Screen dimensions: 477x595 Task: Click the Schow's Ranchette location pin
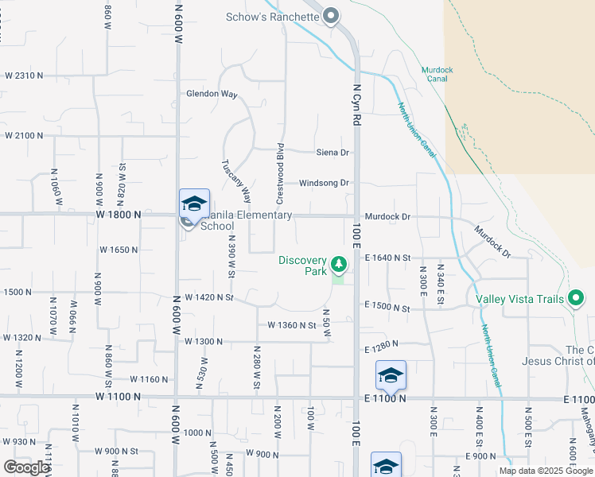(x=332, y=16)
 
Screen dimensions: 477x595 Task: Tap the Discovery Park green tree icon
(x=339, y=263)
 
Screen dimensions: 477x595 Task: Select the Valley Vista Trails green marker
(x=577, y=300)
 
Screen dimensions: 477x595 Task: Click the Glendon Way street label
(x=212, y=94)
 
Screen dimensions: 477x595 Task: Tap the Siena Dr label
(x=332, y=152)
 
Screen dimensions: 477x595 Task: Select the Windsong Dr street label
(x=324, y=183)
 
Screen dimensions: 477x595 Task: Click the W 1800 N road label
(x=119, y=215)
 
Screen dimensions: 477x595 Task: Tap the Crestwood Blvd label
(x=280, y=171)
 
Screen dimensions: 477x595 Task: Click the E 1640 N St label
(x=387, y=258)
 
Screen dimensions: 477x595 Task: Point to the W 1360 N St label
(x=292, y=325)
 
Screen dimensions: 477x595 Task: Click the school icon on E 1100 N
(x=391, y=374)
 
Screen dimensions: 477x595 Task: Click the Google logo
(x=26, y=467)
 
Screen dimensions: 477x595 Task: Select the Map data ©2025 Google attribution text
(x=545, y=471)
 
